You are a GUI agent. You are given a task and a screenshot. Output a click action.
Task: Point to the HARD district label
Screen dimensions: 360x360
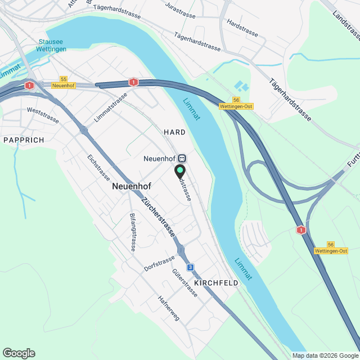pos(174,132)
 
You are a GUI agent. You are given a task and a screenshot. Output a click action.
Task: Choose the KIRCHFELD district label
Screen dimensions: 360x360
pos(216,282)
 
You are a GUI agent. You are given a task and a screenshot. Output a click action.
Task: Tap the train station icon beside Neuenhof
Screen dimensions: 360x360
pos(182,158)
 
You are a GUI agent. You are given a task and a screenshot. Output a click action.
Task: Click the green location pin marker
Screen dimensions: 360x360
pos(180,170)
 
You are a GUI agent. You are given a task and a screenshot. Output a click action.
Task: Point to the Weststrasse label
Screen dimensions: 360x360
pos(43,119)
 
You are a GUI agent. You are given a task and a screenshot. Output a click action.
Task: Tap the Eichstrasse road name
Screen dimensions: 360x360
pos(98,167)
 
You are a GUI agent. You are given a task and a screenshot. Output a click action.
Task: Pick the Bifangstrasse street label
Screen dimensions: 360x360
pos(133,232)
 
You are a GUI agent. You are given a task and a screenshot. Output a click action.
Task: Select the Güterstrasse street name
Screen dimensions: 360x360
pos(185,283)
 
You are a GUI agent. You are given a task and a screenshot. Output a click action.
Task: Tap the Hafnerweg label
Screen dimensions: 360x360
pos(169,308)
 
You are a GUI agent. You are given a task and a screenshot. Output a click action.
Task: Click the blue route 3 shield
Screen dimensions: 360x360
pos(191,267)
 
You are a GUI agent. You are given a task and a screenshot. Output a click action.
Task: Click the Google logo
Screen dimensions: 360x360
pos(19,353)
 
